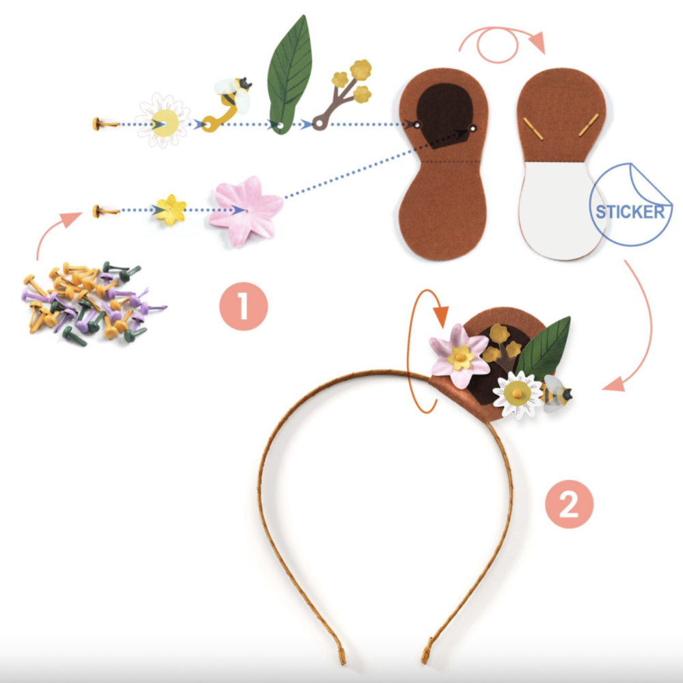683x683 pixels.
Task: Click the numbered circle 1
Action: [244, 306]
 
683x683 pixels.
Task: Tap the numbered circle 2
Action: [569, 504]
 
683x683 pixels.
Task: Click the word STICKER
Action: [630, 212]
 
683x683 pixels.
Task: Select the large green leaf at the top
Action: [290, 75]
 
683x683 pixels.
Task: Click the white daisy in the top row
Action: [163, 121]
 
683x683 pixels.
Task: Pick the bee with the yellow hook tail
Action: [227, 104]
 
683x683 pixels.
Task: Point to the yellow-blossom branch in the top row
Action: [342, 94]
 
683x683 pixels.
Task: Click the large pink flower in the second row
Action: [245, 211]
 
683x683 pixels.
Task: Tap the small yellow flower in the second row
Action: [171, 210]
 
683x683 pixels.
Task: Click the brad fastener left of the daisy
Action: [105, 124]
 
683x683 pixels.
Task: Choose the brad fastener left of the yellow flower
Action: [105, 211]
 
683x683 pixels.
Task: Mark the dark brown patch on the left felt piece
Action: [445, 115]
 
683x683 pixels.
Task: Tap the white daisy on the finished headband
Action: [518, 395]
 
